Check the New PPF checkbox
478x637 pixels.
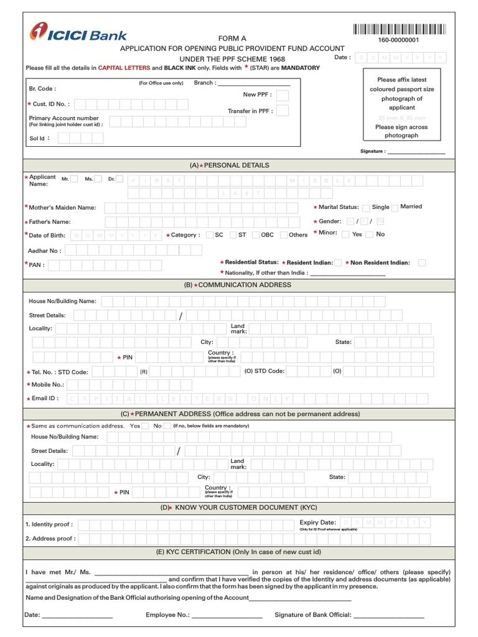[283, 95]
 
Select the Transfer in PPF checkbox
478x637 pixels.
[283, 111]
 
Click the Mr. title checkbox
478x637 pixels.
[74, 179]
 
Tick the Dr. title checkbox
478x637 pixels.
[119, 179]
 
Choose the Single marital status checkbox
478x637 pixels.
[366, 208]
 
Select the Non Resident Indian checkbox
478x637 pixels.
[422, 263]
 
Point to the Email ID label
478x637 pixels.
[45, 398]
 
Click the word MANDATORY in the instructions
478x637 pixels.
[301, 68]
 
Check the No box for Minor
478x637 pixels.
[370, 235]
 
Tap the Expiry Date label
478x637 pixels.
[317, 523]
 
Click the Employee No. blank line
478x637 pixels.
[227, 616]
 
